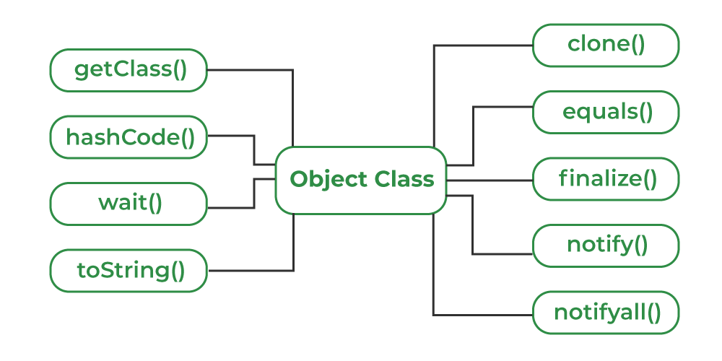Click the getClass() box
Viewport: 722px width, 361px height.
tap(129, 70)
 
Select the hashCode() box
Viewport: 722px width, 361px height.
tap(129, 136)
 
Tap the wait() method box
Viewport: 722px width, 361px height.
tap(129, 203)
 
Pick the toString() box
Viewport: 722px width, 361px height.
tap(129, 271)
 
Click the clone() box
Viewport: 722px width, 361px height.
tap(606, 45)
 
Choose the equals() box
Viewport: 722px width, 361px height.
tap(606, 112)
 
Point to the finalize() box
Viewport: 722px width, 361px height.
tap(606, 178)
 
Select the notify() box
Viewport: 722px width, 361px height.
tap(606, 245)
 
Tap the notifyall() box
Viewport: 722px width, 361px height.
tap(606, 313)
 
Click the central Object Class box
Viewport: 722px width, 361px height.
tap(361, 180)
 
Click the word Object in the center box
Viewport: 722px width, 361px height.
tap(324, 179)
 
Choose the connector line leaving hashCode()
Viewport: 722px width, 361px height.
tap(231, 136)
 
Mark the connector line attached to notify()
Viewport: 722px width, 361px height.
tap(502, 253)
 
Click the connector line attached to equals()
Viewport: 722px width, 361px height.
tap(502, 107)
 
